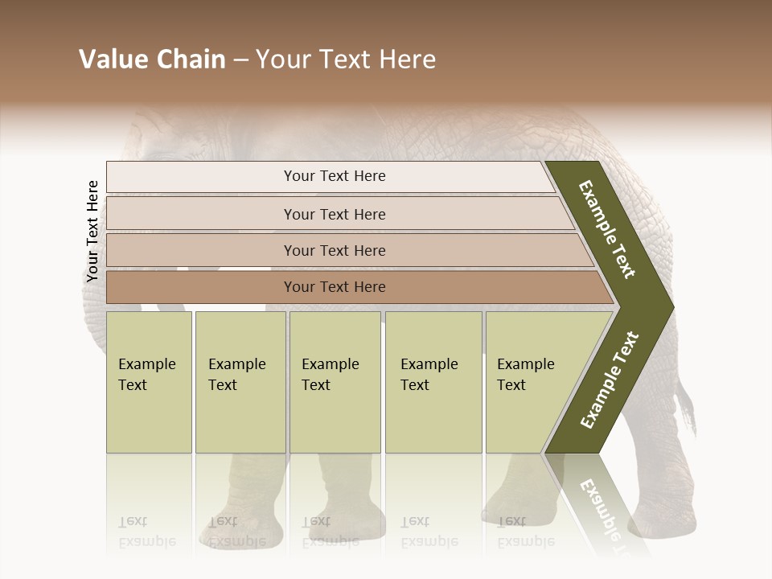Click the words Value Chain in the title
pos(152,60)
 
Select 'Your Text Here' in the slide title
pos(346,60)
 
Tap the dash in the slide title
pos(240,60)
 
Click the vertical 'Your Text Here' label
pos(92,232)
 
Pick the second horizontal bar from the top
pos(334,214)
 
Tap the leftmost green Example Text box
pos(148,381)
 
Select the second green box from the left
pos(240,381)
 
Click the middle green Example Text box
pos(334,381)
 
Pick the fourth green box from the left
pos(433,381)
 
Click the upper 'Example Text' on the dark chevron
pos(607,229)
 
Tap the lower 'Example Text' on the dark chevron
pos(610,380)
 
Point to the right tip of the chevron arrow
pos(671,307)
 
